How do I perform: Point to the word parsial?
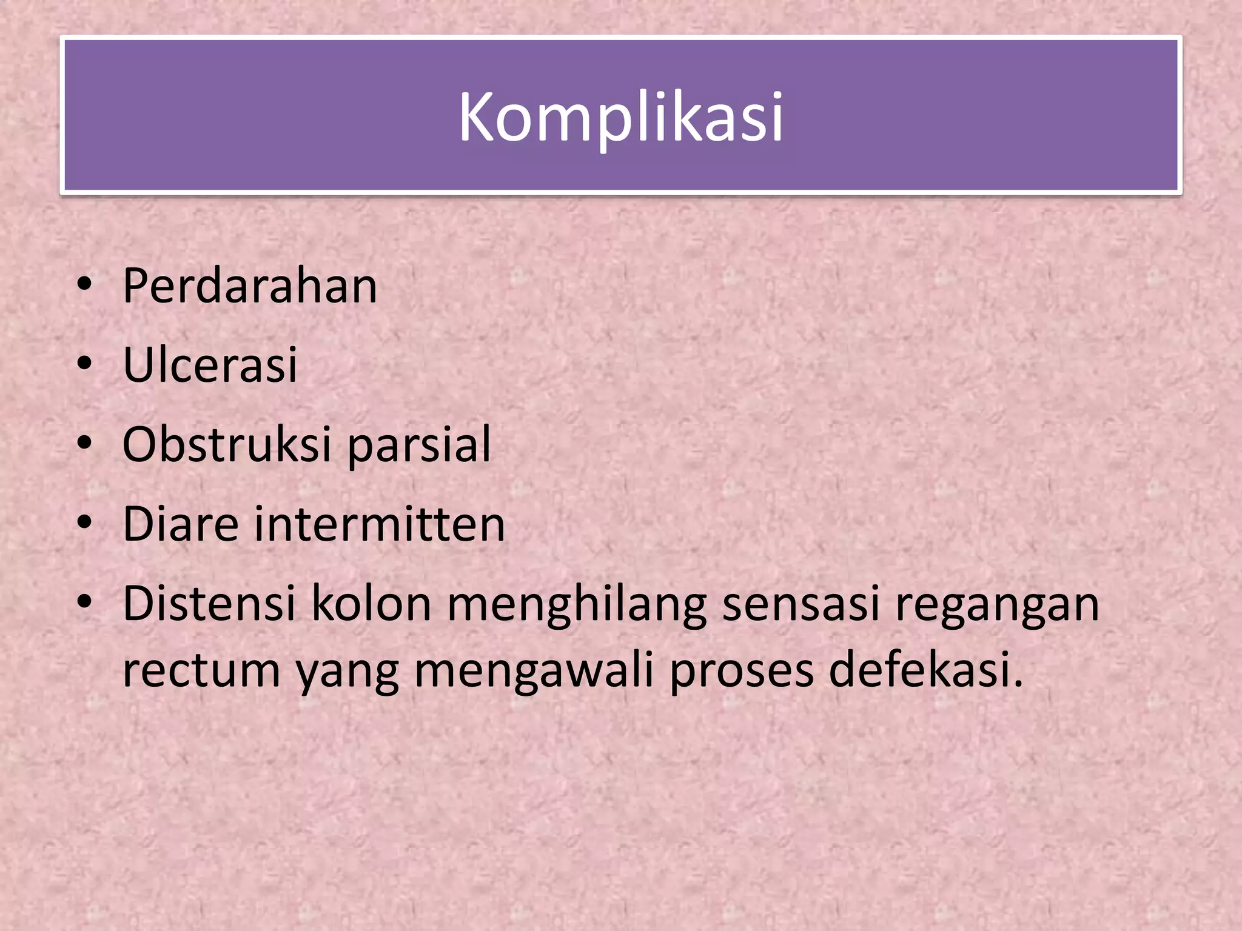[x=419, y=445]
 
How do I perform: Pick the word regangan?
[x=997, y=605]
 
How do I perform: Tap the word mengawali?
[x=534, y=672]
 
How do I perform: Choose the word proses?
[x=741, y=672]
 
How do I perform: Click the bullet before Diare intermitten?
[x=85, y=522]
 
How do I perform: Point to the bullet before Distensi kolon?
[x=85, y=601]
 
